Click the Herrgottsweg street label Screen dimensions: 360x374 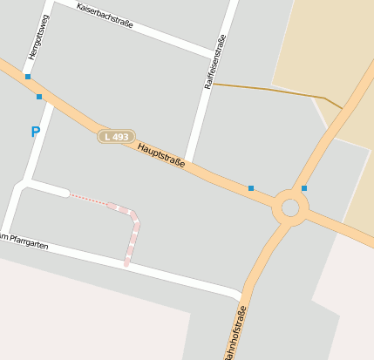(x=39, y=37)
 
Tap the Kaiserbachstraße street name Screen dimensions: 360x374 (x=105, y=16)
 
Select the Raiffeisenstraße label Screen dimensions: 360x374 (x=214, y=62)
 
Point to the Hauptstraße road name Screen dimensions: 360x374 (x=161, y=156)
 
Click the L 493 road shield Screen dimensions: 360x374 (x=115, y=137)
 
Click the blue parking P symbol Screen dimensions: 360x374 (x=36, y=132)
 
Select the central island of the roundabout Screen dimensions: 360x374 (x=290, y=207)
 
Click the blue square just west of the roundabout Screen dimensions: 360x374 (x=251, y=188)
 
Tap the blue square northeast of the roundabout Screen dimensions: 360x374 (x=304, y=188)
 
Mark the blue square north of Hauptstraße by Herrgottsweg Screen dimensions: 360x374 (x=28, y=77)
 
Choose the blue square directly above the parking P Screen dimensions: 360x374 (x=39, y=97)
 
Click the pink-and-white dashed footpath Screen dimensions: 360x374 (x=133, y=233)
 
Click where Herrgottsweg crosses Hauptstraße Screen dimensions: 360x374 (x=44, y=92)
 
